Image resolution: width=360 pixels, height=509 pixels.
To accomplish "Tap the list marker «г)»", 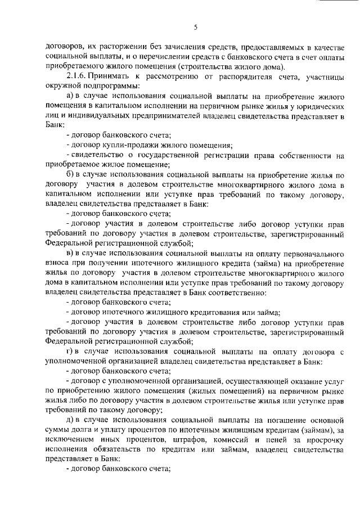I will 71,352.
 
